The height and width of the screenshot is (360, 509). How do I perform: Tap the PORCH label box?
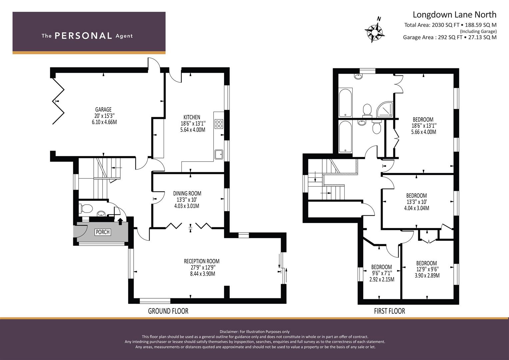click(x=103, y=232)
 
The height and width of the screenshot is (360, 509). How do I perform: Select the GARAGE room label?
click(x=103, y=110)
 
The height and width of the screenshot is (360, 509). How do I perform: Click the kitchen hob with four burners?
click(x=219, y=124)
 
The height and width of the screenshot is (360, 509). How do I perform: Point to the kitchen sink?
click(x=219, y=155)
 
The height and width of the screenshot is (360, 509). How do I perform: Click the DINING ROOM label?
click(x=187, y=193)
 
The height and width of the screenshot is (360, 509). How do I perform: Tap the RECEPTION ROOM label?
click(x=202, y=261)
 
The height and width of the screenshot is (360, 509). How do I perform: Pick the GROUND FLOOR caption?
click(x=168, y=311)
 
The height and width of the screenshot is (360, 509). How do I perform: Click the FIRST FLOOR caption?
click(x=389, y=311)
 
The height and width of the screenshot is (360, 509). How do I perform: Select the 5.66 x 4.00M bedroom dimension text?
click(x=424, y=132)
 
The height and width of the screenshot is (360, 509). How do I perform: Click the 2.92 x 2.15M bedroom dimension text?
click(x=382, y=279)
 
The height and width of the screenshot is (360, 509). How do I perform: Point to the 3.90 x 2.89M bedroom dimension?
click(x=427, y=275)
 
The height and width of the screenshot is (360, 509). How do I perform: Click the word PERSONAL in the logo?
click(x=83, y=36)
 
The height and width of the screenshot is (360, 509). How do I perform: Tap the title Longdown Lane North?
click(x=454, y=15)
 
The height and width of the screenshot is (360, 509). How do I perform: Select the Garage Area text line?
click(x=450, y=37)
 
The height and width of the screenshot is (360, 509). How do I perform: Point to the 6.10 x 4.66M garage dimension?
click(x=104, y=122)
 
